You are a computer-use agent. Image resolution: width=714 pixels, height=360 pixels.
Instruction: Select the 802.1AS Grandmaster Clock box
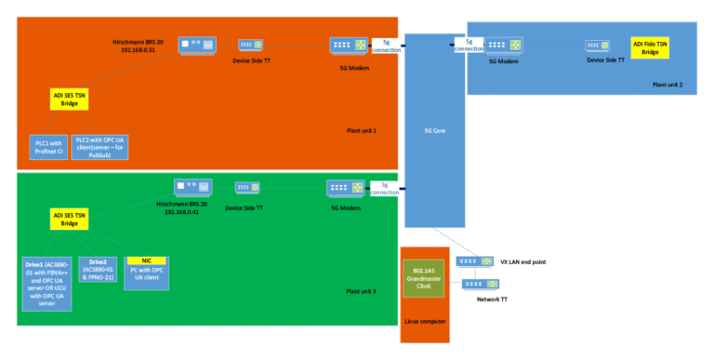[425, 278]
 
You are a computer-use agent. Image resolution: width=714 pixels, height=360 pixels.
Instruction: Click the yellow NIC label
[146, 260]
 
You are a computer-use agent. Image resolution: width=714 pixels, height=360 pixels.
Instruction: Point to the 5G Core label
[434, 131]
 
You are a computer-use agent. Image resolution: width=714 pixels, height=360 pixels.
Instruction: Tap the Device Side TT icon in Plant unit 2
[597, 45]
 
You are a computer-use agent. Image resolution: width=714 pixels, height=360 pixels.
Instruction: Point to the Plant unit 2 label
[667, 85]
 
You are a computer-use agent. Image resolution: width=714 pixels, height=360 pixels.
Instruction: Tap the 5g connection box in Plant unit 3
[384, 189]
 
